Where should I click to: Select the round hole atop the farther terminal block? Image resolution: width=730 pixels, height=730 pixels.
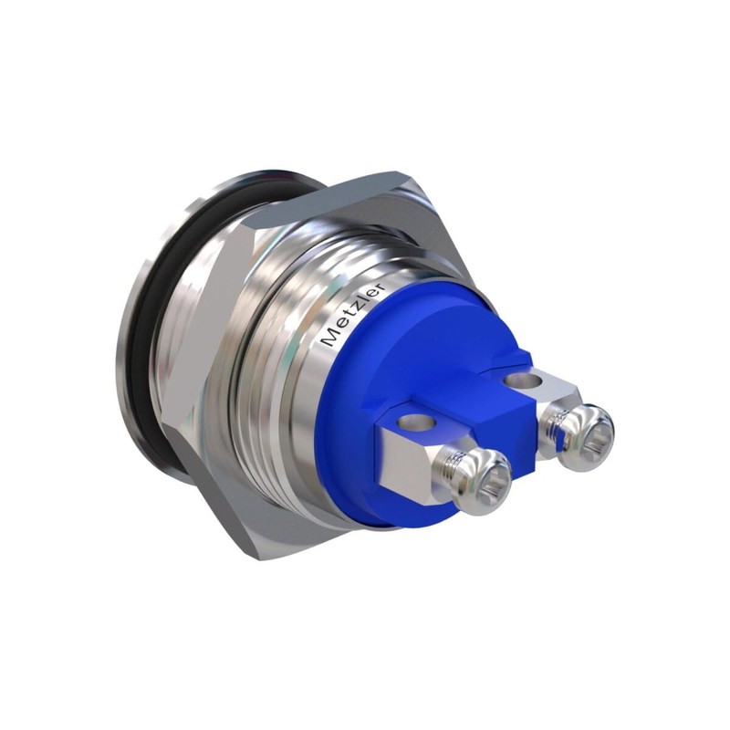click(522, 380)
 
